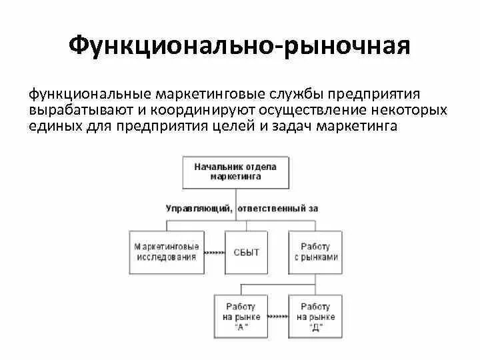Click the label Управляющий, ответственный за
(x=241, y=208)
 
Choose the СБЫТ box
(x=246, y=252)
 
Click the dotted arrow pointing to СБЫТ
(x=213, y=253)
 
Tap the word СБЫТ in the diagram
(x=246, y=253)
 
